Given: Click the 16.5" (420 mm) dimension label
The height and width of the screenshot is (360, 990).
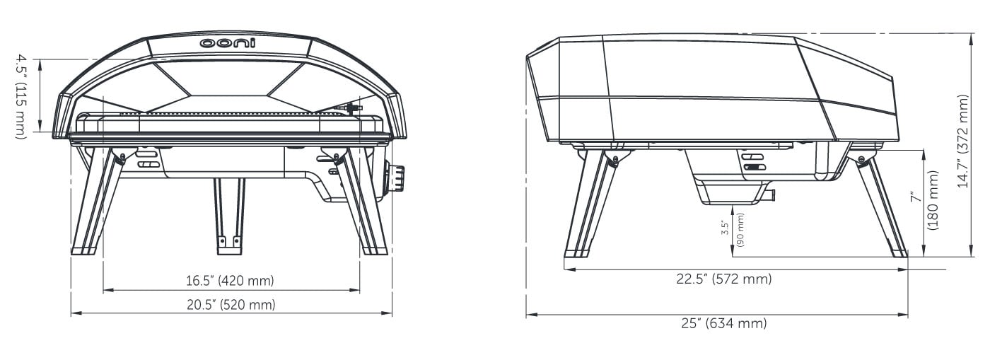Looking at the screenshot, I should (x=230, y=281).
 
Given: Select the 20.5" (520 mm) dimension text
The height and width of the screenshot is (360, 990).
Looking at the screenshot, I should (x=231, y=305).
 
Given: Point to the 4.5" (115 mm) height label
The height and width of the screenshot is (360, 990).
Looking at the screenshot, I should (x=21, y=97).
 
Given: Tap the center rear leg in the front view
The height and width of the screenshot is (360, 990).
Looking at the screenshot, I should (x=230, y=216).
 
